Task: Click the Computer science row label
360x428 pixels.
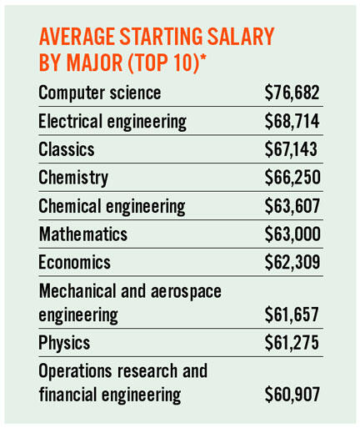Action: (x=100, y=92)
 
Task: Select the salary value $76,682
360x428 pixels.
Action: (x=292, y=92)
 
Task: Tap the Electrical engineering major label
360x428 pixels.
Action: (x=112, y=121)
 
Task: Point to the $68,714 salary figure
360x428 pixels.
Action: (x=292, y=121)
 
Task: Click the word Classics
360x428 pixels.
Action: (x=67, y=150)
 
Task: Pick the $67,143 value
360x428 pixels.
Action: (x=291, y=150)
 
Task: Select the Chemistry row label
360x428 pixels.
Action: (x=73, y=179)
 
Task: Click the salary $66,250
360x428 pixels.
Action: (x=292, y=179)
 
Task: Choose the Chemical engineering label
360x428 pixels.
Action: (x=112, y=207)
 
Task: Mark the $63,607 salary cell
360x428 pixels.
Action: (x=292, y=207)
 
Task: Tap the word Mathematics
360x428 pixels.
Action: (x=83, y=235)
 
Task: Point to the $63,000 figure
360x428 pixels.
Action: (x=292, y=235)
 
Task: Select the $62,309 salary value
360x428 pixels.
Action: (x=292, y=264)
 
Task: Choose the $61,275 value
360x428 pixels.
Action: (x=292, y=343)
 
